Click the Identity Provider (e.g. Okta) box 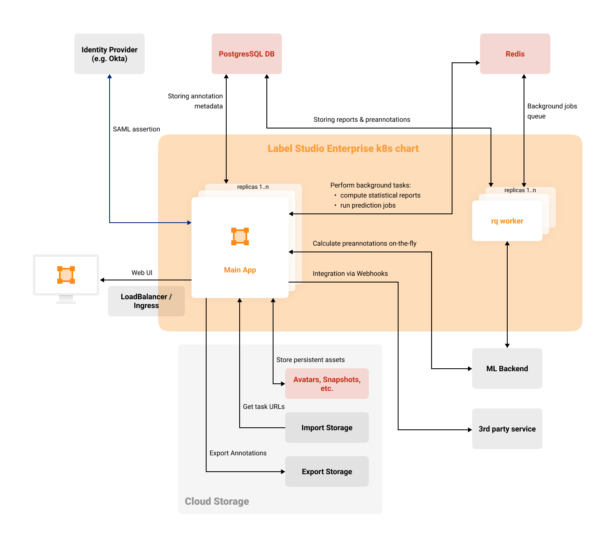click(110, 54)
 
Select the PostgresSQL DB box click(247, 54)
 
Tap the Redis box click(515, 54)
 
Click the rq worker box click(507, 221)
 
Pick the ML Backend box click(507, 369)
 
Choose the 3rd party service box click(507, 429)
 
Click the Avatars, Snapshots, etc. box click(327, 384)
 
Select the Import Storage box click(327, 428)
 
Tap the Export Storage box click(327, 472)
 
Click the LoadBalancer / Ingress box click(146, 301)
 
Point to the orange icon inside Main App click(240, 236)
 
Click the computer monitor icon click(66, 276)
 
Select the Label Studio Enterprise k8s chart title click(343, 149)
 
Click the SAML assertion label click(136, 129)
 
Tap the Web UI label click(142, 273)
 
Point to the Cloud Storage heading click(217, 501)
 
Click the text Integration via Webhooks click(350, 274)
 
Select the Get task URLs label click(263, 407)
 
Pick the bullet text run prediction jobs click(368, 205)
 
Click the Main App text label click(240, 270)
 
